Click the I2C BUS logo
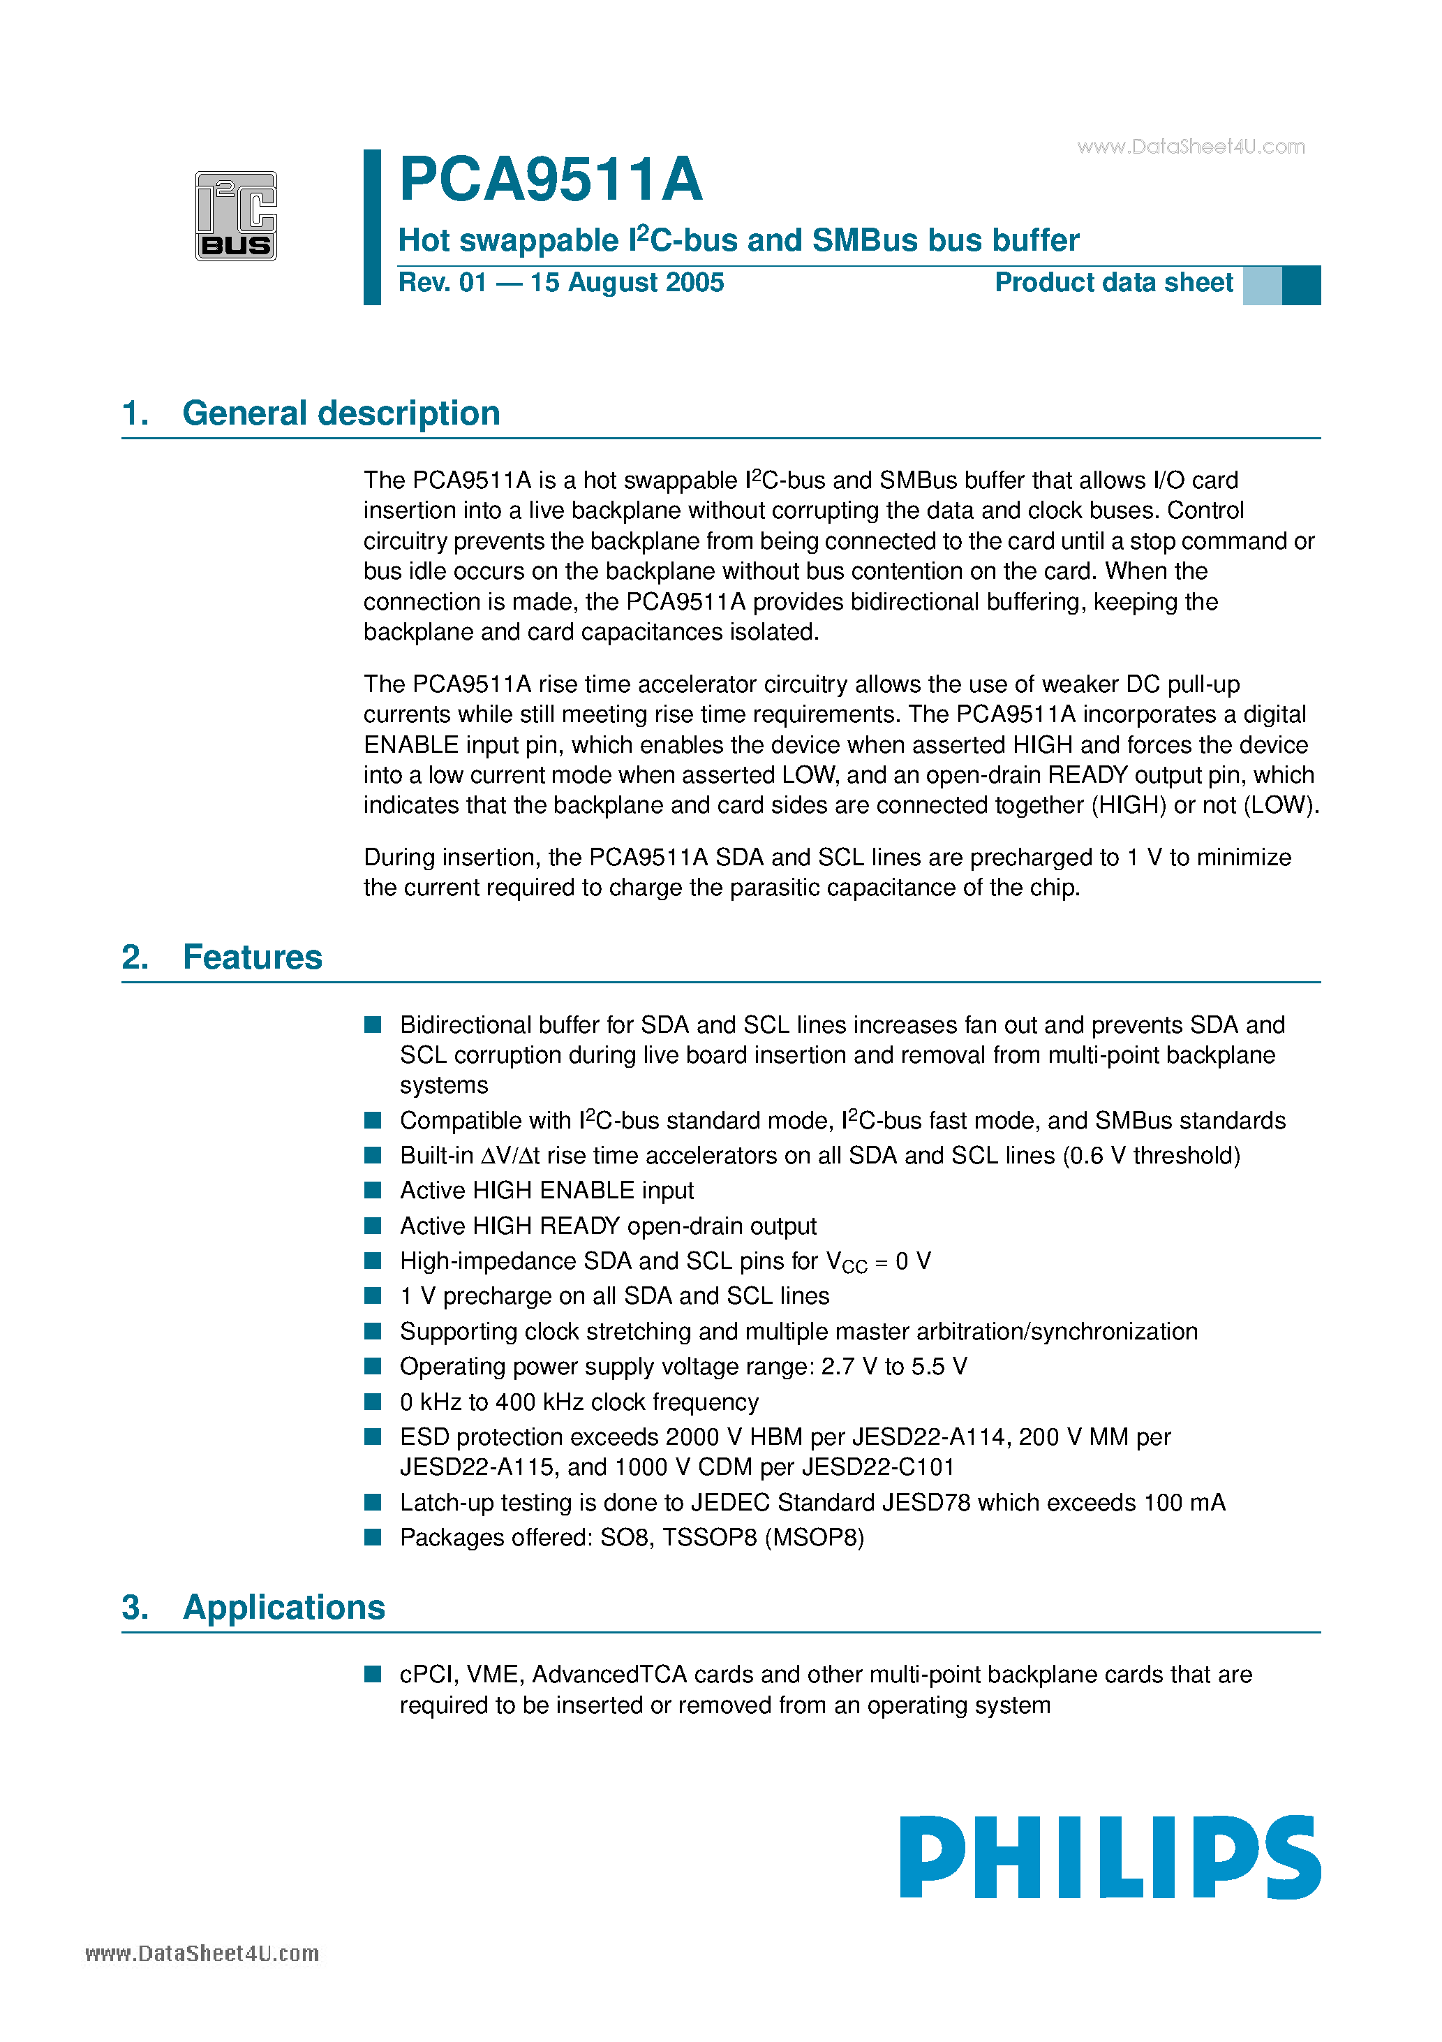(236, 216)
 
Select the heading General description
(341, 413)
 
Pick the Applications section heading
(283, 1608)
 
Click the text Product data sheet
(1113, 283)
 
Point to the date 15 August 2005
(627, 283)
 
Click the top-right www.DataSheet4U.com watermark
(1191, 147)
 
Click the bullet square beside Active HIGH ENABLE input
(373, 1190)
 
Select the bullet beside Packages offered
(373, 1537)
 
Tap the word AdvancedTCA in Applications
(609, 1675)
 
